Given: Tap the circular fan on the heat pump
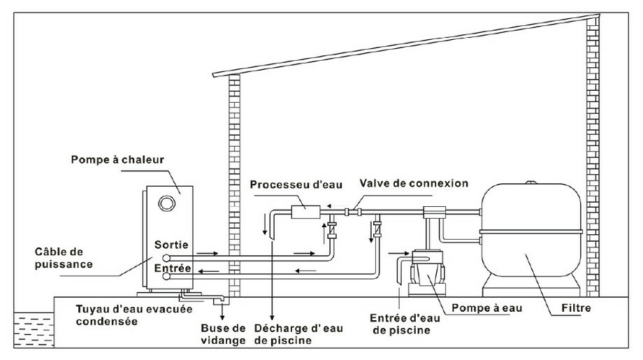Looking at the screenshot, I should pyautogui.click(x=166, y=203).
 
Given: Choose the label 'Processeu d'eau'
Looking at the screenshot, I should pyautogui.click(x=286, y=184).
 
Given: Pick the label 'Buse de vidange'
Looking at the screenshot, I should pyautogui.click(x=226, y=333).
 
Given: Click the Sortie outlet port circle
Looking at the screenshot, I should pyautogui.click(x=166, y=254).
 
